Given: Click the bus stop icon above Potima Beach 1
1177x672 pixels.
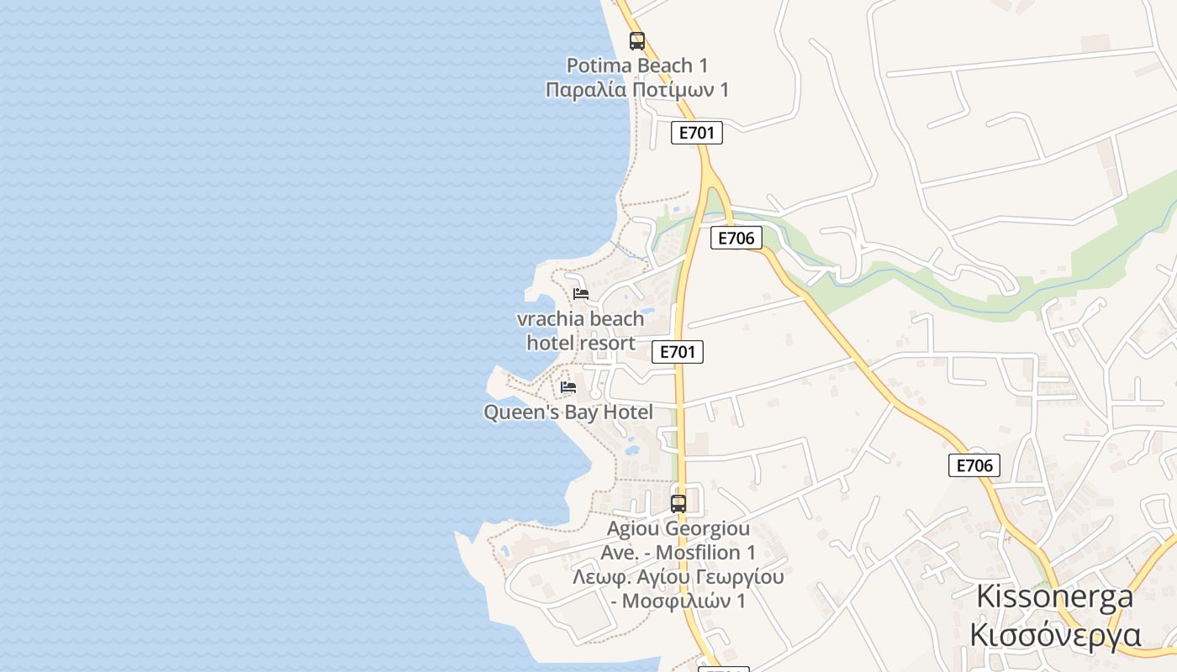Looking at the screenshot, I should tap(637, 40).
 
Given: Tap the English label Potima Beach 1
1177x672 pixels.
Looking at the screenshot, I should tap(636, 66).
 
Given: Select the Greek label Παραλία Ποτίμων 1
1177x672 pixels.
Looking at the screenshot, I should tap(636, 90).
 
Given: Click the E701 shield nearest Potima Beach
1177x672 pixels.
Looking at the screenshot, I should tap(696, 133).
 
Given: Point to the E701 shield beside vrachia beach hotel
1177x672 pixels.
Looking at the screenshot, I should tap(678, 352).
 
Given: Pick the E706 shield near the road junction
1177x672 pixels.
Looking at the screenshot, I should tap(736, 238).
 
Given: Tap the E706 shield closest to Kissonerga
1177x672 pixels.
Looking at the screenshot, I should tap(974, 465).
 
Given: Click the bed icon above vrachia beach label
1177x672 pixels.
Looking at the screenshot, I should tap(581, 294).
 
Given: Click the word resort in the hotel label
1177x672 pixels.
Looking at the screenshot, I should tap(608, 344).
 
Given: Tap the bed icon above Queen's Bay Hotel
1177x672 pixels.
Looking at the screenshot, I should tap(568, 387).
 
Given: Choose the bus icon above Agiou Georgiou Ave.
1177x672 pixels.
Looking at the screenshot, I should tap(678, 504).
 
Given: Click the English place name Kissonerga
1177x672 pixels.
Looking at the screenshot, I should tap(1054, 597).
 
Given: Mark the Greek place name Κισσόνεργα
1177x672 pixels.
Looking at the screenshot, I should tap(1054, 634).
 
